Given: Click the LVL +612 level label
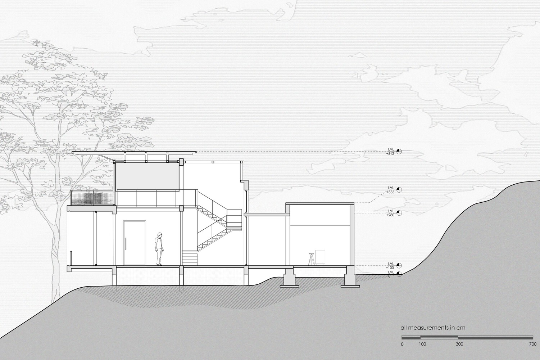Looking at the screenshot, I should [390, 151].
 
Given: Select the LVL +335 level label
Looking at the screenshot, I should [391, 190].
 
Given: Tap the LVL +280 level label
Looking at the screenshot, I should [390, 213].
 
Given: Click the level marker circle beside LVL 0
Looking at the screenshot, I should [399, 275].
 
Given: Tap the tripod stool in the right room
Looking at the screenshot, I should [310, 259].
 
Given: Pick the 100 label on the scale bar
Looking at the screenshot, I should [422, 344].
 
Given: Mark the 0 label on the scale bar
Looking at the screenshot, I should [402, 344].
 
